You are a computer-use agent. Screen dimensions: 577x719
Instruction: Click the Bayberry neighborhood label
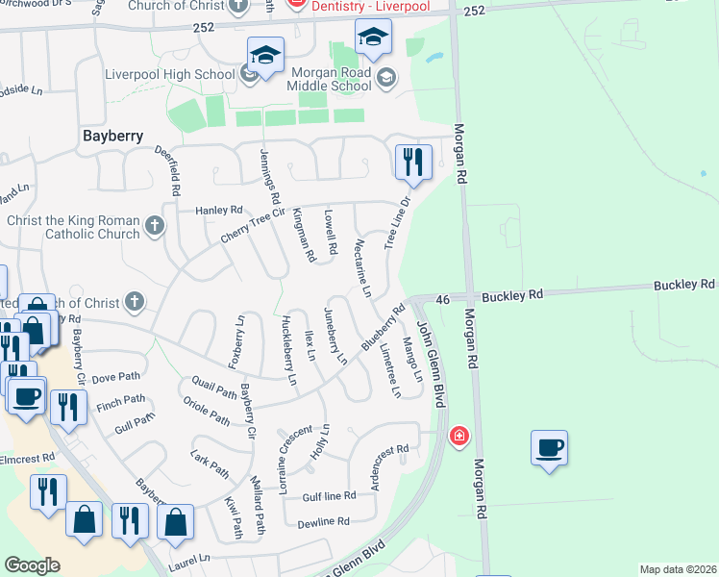coord(112,136)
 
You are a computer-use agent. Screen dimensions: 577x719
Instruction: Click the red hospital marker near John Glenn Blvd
coord(459,437)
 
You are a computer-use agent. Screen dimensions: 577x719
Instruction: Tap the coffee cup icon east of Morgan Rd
coord(549,447)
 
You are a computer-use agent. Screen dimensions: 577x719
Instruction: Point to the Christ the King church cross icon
coord(154,228)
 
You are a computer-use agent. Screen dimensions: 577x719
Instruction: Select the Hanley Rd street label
coord(218,210)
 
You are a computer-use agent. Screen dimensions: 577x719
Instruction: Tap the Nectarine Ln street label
coord(362,268)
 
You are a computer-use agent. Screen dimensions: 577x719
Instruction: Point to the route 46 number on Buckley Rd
coord(443,300)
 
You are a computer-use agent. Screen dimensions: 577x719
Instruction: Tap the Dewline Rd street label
coord(325,521)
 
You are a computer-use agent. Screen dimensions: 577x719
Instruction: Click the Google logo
coord(32,564)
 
